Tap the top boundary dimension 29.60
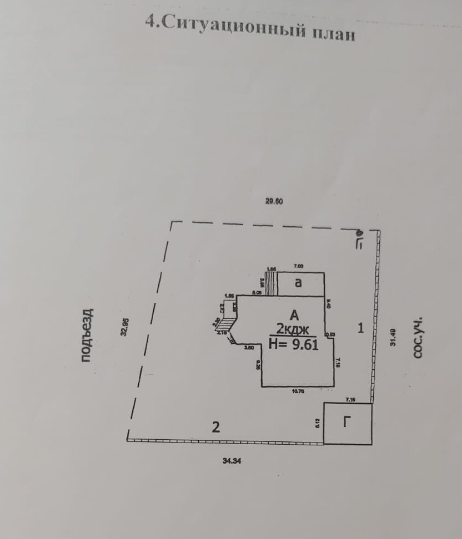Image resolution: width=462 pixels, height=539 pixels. coord(274,202)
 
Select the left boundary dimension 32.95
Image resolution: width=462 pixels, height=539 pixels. coord(125,327)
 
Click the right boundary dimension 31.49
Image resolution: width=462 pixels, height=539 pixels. coord(393,337)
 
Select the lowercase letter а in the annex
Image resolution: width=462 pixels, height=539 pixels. coord(298,283)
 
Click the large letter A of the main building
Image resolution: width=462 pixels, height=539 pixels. coord(294,315)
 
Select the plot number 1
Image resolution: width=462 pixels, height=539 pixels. coord(360,328)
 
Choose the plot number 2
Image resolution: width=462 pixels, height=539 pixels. coord(216,428)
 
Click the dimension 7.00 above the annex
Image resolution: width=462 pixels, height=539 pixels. coord(299,267)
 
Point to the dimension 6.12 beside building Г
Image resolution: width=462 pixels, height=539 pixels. coord(317,422)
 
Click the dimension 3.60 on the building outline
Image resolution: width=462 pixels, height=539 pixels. coord(249,348)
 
